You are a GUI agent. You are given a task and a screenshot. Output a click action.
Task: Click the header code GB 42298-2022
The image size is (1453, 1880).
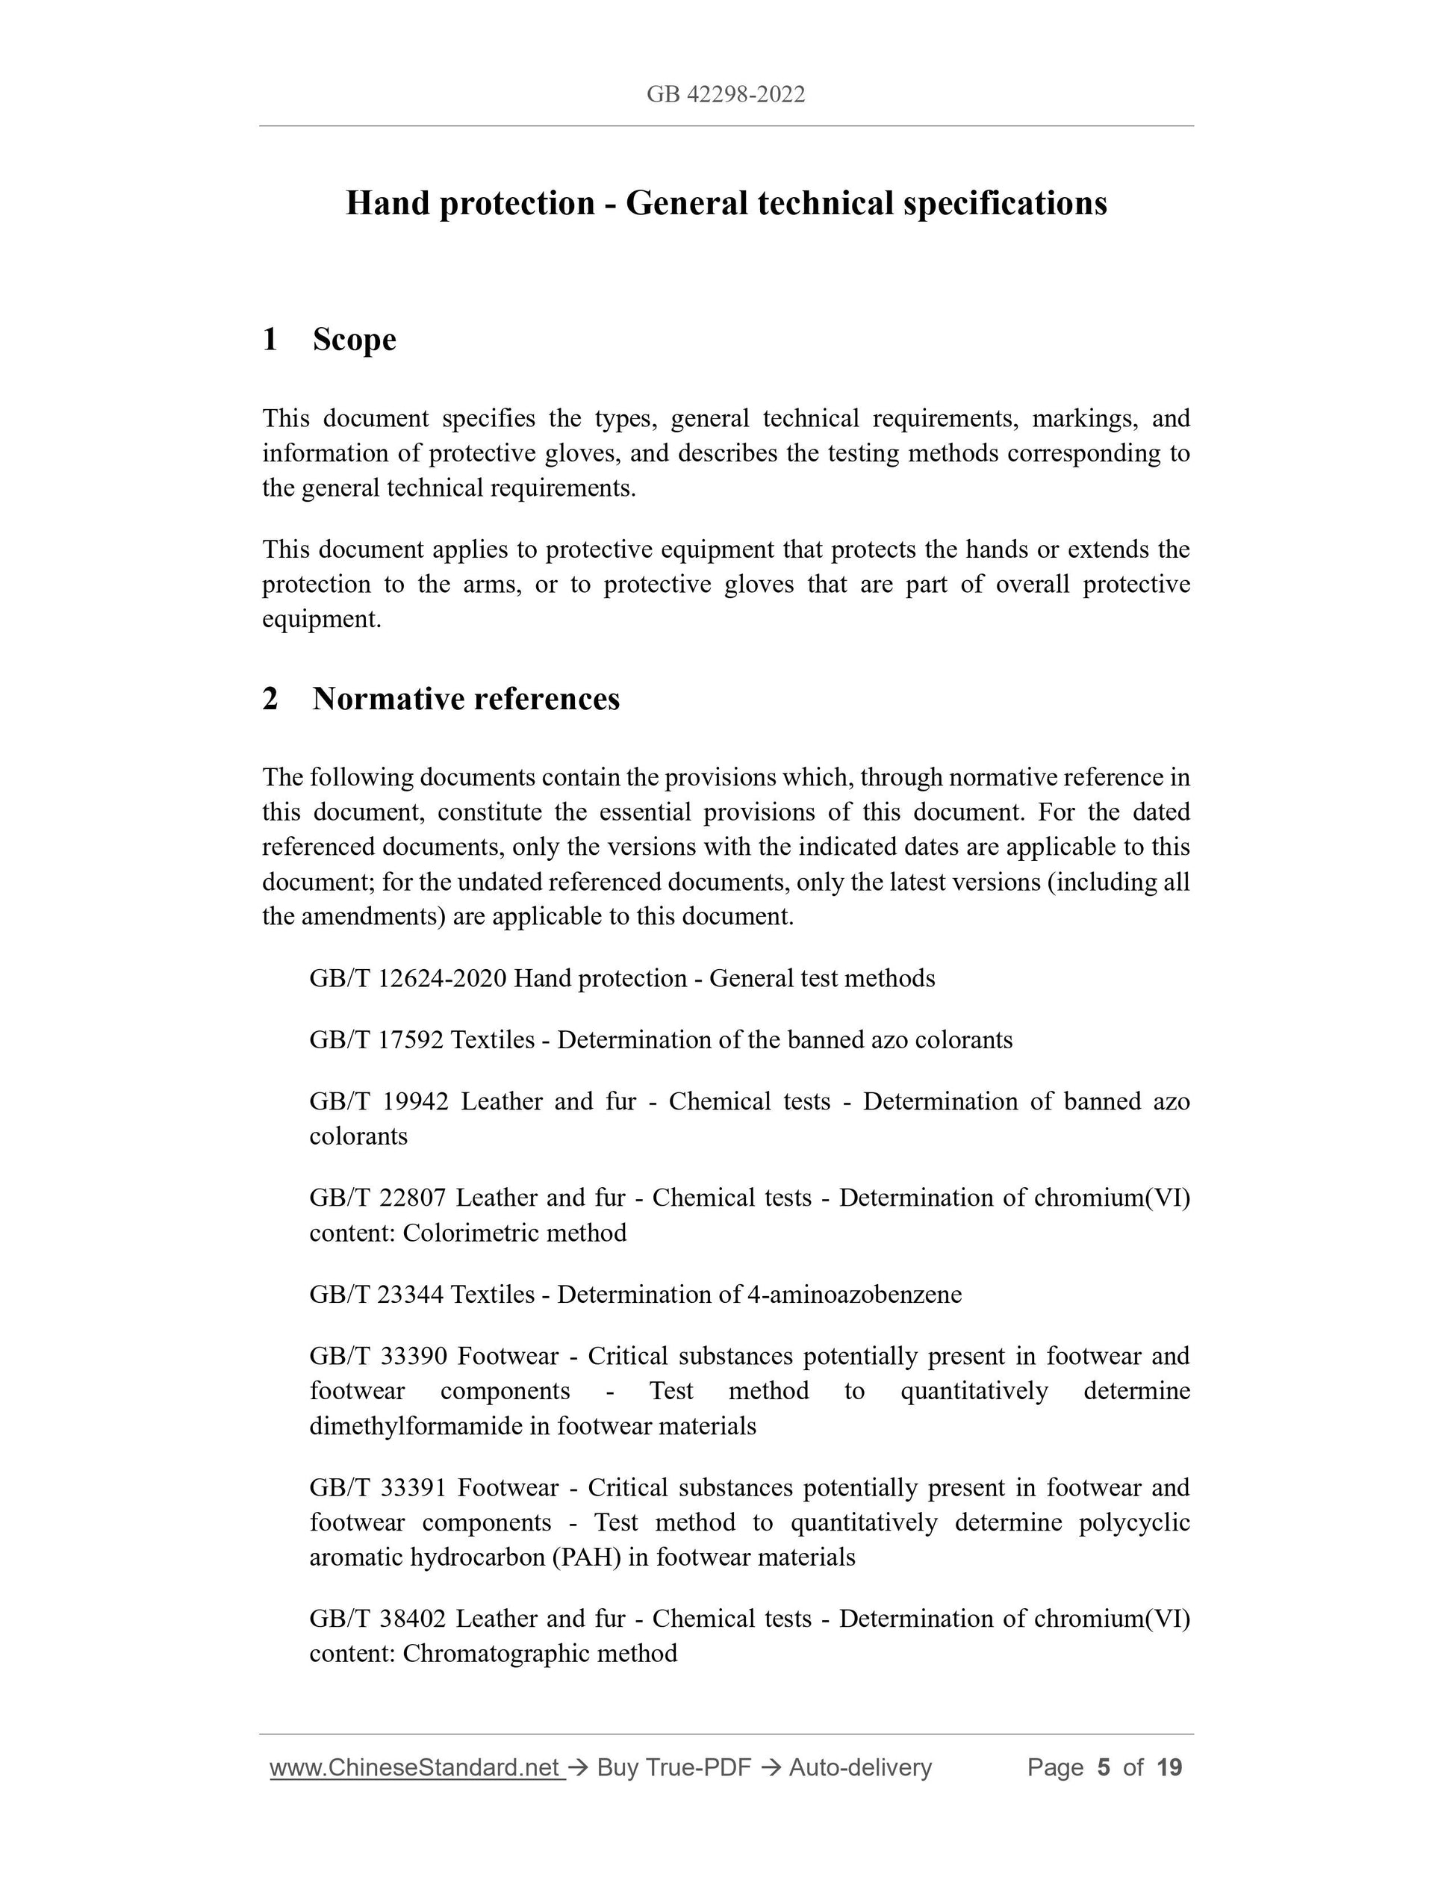tap(726, 95)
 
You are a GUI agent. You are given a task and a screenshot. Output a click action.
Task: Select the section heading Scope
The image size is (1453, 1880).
tap(354, 339)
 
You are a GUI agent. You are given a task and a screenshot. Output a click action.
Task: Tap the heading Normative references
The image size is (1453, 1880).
tap(466, 699)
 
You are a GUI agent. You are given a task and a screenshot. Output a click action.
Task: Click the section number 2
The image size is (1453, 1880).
tap(270, 699)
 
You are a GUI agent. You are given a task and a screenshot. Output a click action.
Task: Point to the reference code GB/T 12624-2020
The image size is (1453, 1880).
tap(407, 979)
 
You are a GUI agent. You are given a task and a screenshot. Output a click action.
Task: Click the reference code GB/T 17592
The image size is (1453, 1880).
tap(376, 1040)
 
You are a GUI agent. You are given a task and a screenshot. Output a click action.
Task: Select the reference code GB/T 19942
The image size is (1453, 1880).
tap(379, 1102)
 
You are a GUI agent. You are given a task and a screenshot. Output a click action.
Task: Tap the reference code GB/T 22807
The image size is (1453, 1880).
tap(378, 1198)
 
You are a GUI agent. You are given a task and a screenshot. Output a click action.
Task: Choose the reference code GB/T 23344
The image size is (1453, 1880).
tap(376, 1295)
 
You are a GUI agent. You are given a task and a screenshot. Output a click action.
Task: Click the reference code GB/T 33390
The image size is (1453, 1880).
tap(379, 1357)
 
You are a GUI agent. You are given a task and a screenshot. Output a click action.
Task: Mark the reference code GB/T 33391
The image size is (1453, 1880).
tap(379, 1488)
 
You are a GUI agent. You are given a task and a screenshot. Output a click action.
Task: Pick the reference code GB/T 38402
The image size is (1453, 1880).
tap(378, 1619)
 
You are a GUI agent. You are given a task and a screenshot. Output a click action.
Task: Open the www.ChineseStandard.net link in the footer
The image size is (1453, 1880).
tap(417, 1768)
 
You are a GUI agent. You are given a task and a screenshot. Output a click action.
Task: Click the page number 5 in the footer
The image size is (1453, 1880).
tap(1103, 1768)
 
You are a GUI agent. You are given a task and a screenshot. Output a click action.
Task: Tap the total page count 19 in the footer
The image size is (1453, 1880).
tap(1169, 1768)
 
